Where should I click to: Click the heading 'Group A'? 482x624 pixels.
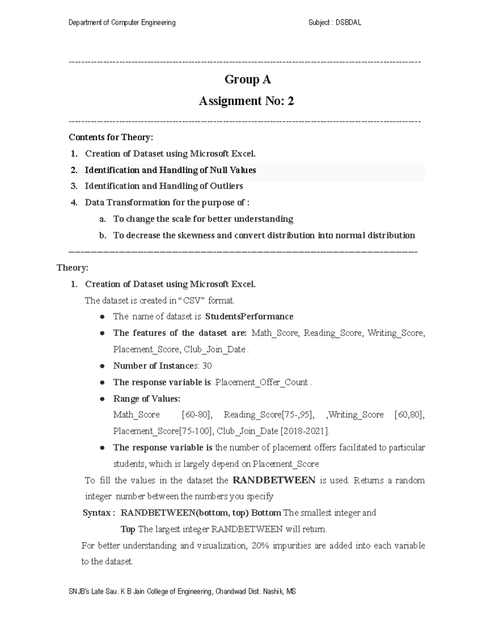247,80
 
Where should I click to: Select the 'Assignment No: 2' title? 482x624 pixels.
246,101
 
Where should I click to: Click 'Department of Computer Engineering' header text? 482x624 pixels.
122,23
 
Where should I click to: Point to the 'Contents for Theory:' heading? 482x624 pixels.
111,137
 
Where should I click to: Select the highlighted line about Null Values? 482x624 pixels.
170,170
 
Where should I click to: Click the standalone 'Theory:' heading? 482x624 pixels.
72,268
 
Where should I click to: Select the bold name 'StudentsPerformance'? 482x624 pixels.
249,317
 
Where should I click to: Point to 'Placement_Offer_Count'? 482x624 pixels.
261,382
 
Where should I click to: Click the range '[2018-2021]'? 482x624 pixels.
304,431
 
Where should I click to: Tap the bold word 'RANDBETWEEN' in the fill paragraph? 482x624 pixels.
274,481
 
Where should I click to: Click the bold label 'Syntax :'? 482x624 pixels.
99,513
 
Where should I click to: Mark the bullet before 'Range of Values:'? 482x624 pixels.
103,399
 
